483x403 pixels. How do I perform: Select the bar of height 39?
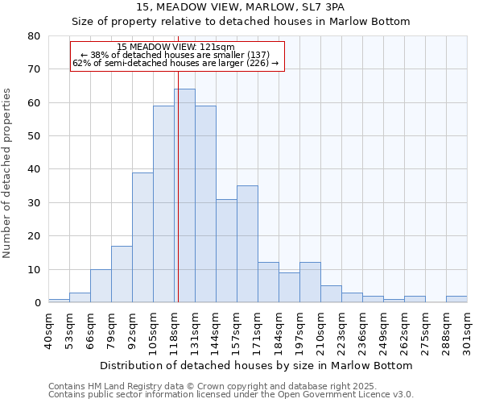click(142, 238)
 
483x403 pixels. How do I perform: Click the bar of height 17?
click(122, 274)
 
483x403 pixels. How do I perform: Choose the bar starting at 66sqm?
click(101, 286)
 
